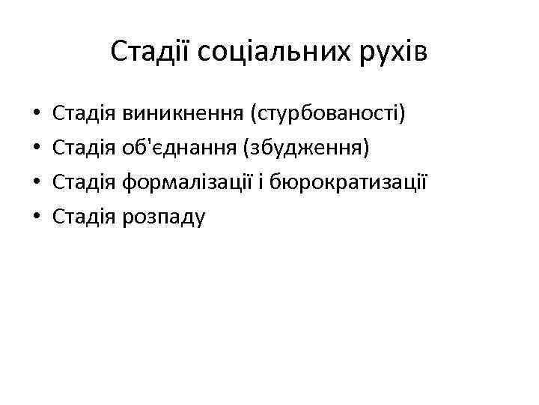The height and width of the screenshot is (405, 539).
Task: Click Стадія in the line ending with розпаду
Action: [x=85, y=216]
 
